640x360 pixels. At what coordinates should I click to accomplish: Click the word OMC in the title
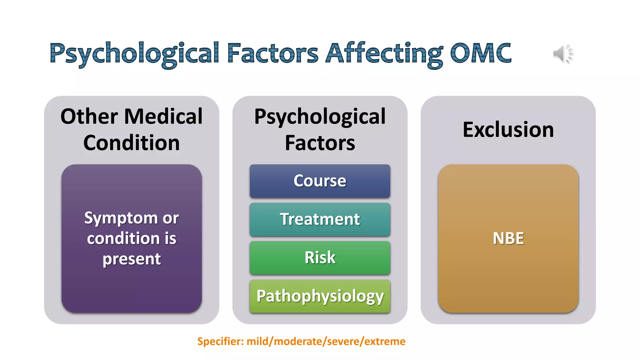pyautogui.click(x=480, y=53)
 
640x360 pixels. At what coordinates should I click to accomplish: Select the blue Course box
pyautogui.click(x=320, y=181)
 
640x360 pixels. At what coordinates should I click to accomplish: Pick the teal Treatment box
pyautogui.click(x=320, y=219)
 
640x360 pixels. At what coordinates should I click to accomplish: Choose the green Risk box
pyautogui.click(x=320, y=258)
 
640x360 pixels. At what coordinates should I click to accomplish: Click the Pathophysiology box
pyautogui.click(x=320, y=296)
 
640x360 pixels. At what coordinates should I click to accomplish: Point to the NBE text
pyautogui.click(x=508, y=238)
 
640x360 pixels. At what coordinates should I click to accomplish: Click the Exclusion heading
pyautogui.click(x=508, y=130)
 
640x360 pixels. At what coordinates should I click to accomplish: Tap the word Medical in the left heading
pyautogui.click(x=163, y=117)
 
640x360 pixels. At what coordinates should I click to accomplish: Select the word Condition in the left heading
pyautogui.click(x=132, y=143)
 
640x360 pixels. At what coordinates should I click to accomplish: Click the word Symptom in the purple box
pyautogui.click(x=121, y=218)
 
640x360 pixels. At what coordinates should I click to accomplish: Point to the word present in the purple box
pyautogui.click(x=132, y=259)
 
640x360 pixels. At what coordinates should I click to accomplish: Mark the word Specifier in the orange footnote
pyautogui.click(x=220, y=341)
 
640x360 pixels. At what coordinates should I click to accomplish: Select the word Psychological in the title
pyautogui.click(x=134, y=54)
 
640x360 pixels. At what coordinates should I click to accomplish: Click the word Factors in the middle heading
pyautogui.click(x=320, y=143)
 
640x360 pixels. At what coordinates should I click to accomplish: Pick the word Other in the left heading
pyautogui.click(x=89, y=117)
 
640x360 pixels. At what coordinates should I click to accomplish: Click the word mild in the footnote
pyautogui.click(x=259, y=341)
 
